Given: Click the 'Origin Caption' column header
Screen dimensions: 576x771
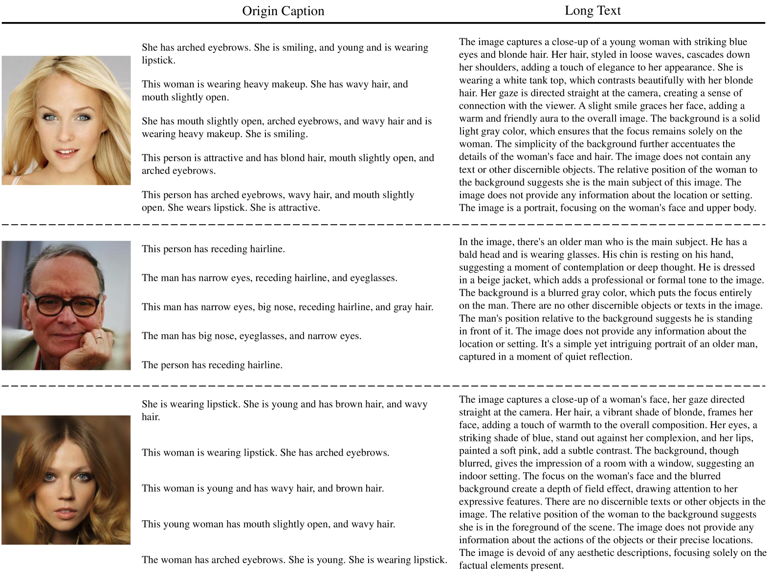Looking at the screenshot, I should [283, 11].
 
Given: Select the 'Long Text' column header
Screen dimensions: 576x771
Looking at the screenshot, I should [593, 11].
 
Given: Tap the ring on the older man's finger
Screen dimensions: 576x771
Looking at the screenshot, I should [98, 337].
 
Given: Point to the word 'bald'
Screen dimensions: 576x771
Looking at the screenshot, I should [469, 254].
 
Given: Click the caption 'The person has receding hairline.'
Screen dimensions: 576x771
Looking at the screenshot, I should [212, 365].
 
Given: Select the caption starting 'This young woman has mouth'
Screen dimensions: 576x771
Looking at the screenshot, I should [268, 524].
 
